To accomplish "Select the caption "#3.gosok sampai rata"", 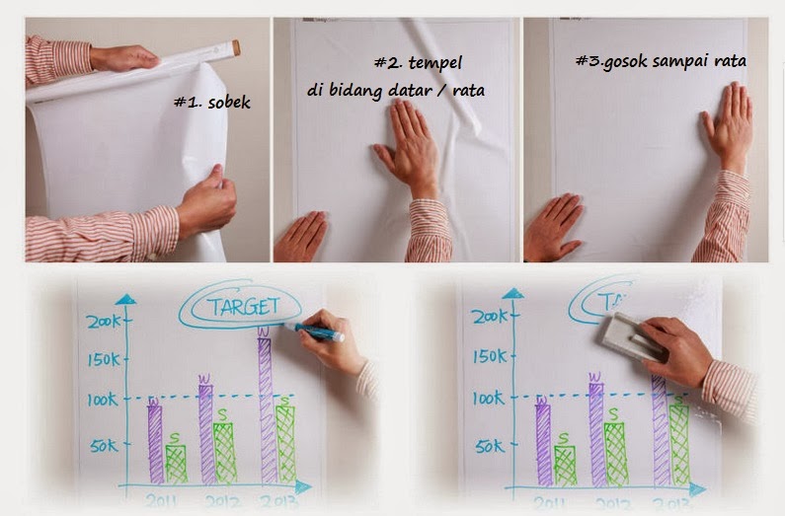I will pyautogui.click(x=661, y=60).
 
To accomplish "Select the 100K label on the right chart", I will pyautogui.click(x=486, y=400).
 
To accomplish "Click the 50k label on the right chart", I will pyautogui.click(x=489, y=446).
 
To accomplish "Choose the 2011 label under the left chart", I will pyautogui.click(x=163, y=500).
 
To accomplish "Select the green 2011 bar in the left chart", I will pyautogui.click(x=176, y=464).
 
